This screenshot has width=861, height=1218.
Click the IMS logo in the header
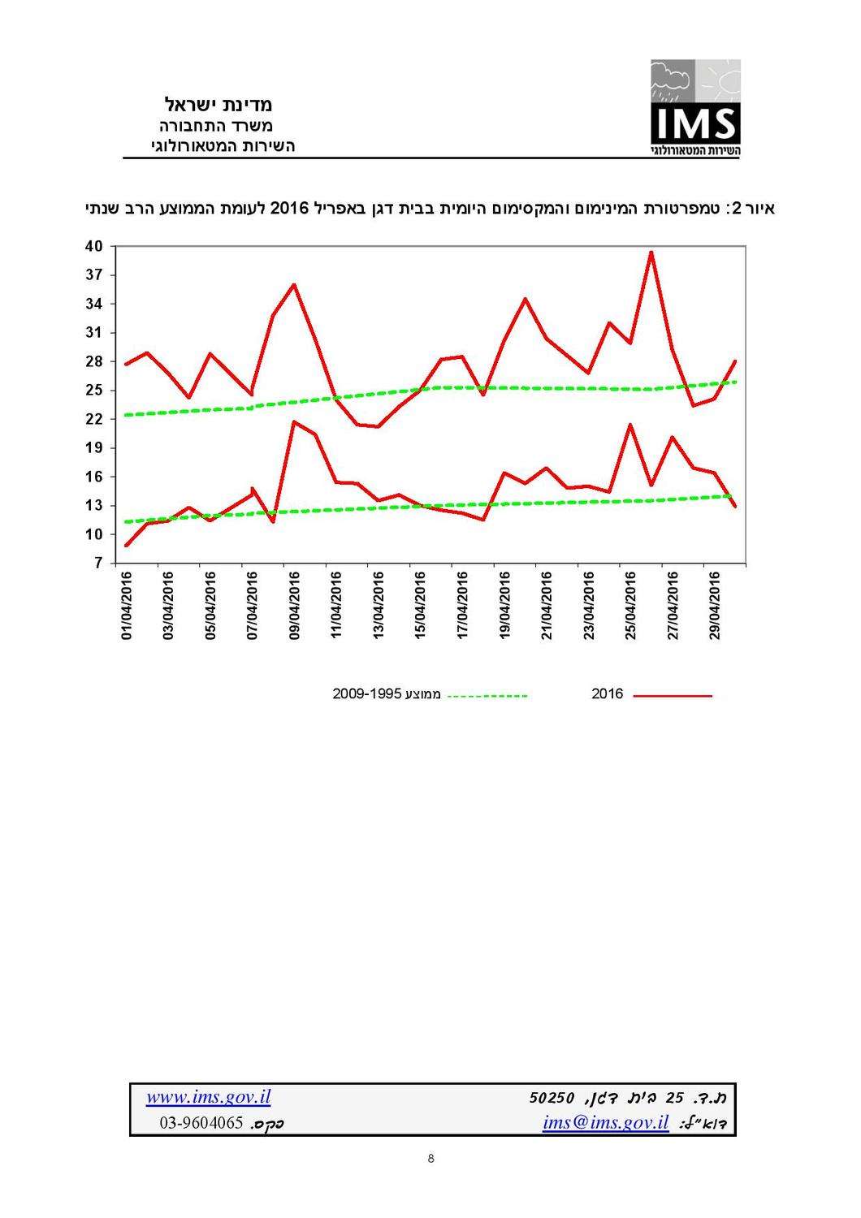694,108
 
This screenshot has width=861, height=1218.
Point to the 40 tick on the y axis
93,246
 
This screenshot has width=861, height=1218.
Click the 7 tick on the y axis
97,563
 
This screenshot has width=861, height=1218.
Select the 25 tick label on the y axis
93,390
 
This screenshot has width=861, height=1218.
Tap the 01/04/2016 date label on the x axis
127,605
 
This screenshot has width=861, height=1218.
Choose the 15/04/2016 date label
420,605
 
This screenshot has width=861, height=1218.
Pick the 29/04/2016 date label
715,605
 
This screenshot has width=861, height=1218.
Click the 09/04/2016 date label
294,605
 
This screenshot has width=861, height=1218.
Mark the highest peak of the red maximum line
651,252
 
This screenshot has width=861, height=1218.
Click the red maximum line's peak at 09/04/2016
294,284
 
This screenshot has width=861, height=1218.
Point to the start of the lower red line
127,545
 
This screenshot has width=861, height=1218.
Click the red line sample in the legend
672,696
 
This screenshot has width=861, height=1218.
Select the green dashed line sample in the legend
487,696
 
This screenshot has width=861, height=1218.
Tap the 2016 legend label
607,694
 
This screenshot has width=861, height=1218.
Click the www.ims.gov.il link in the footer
208,1098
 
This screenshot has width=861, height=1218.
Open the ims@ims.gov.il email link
605,1123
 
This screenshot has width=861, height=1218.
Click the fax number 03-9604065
201,1124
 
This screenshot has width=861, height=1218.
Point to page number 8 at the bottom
430,1159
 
